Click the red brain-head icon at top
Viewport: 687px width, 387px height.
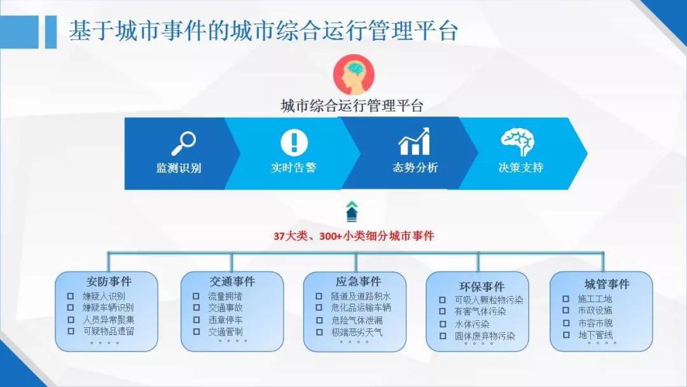354,75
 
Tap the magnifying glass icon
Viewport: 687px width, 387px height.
184,143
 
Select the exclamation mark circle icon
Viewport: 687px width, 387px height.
294,143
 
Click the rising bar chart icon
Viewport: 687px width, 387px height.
414,141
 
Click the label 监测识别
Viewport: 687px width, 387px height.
179,168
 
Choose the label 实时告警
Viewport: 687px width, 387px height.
293,167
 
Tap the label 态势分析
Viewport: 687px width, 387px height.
415,167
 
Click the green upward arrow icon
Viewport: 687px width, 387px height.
352,211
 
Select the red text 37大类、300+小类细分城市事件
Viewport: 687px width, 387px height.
354,236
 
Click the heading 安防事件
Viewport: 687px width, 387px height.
109,281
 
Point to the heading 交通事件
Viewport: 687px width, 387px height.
232,281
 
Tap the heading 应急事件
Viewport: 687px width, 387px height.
358,281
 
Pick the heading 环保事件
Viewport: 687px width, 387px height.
482,286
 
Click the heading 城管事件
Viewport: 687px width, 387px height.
607,284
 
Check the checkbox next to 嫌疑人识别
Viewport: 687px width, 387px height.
70,296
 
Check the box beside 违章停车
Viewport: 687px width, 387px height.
197,320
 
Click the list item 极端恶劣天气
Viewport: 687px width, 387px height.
357,332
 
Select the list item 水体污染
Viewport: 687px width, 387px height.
472,325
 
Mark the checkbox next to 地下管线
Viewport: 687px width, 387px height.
566,335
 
